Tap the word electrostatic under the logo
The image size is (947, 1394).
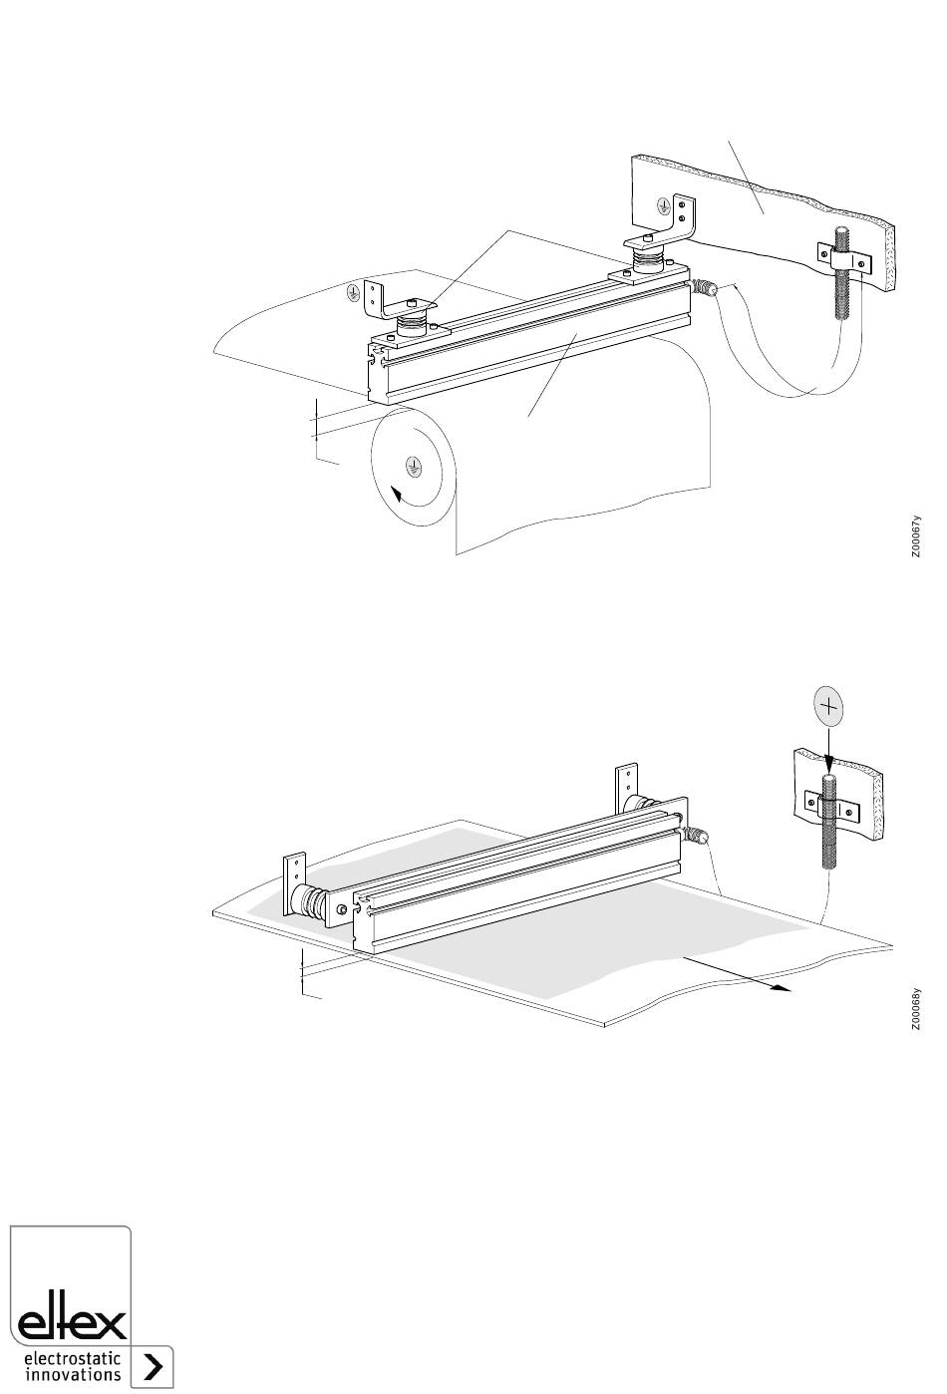pyautogui.click(x=72, y=1358)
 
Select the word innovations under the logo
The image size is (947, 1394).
pyautogui.click(x=72, y=1373)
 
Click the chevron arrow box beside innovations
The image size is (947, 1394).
pyautogui.click(x=154, y=1367)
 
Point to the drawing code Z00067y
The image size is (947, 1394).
pyautogui.click(x=915, y=535)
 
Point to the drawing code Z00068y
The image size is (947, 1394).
pyautogui.click(x=915, y=1009)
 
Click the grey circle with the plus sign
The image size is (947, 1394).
pyautogui.click(x=828, y=706)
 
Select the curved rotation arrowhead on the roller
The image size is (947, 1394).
pyautogui.click(x=397, y=495)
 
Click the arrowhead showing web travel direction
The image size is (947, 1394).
pyautogui.click(x=782, y=987)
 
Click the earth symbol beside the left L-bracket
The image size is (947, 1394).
pyautogui.click(x=353, y=291)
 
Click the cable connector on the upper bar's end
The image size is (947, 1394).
pyautogui.click(x=704, y=288)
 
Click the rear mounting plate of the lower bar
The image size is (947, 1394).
pyautogui.click(x=627, y=788)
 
